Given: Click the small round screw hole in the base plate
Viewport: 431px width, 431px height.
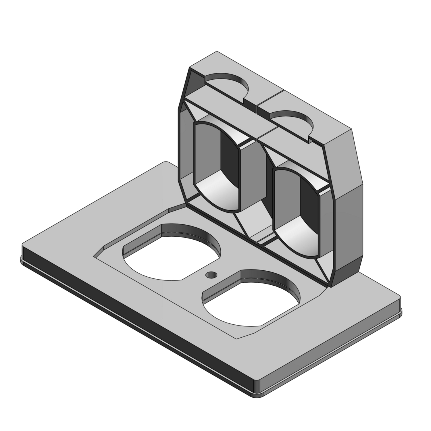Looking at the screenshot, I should point(211,275).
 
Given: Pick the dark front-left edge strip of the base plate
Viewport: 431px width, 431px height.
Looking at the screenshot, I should point(129,322).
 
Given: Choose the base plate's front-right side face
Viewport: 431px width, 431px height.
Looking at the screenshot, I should point(330,359).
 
